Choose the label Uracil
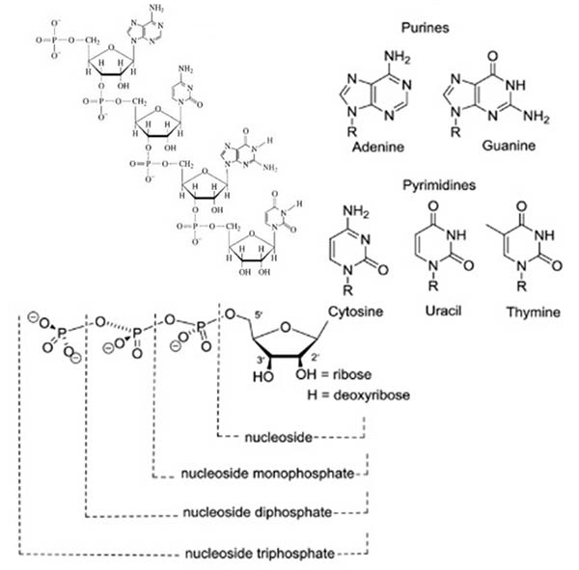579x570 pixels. [445, 312]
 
